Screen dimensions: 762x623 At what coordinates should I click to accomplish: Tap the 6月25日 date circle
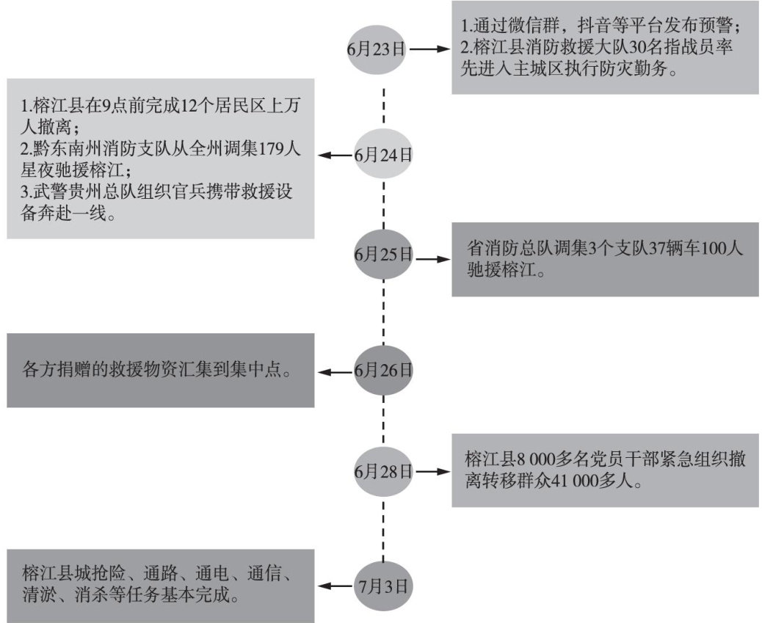point(383,256)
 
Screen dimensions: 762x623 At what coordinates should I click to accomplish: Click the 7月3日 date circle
point(383,586)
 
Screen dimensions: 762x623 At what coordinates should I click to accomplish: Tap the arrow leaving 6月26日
point(337,373)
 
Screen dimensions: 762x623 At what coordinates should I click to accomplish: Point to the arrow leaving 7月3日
point(337,586)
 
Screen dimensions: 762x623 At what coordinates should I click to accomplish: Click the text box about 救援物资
point(161,371)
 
